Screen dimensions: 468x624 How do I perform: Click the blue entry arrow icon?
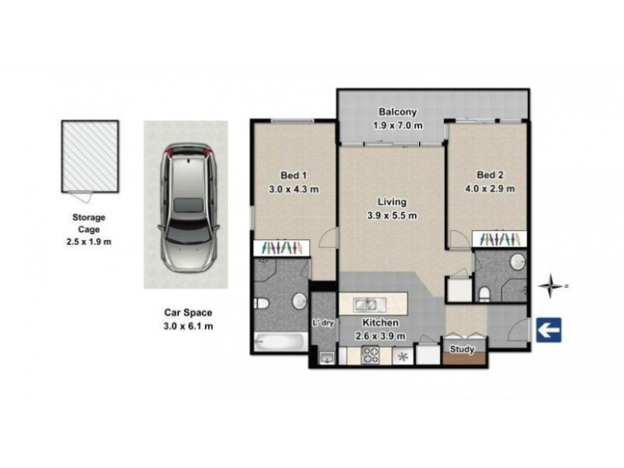point(549,331)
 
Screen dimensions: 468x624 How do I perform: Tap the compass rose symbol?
point(553,285)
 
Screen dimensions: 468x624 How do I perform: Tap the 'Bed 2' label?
point(490,175)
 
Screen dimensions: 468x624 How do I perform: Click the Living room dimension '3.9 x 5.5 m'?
point(392,216)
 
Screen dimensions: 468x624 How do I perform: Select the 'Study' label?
point(463,350)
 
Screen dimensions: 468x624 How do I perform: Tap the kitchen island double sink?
point(365,304)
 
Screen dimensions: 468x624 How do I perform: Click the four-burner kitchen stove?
point(371,355)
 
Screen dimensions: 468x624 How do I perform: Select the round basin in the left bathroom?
point(297,301)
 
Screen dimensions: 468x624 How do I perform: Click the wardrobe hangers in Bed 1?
point(282,246)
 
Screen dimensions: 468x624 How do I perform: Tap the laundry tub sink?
point(326,358)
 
